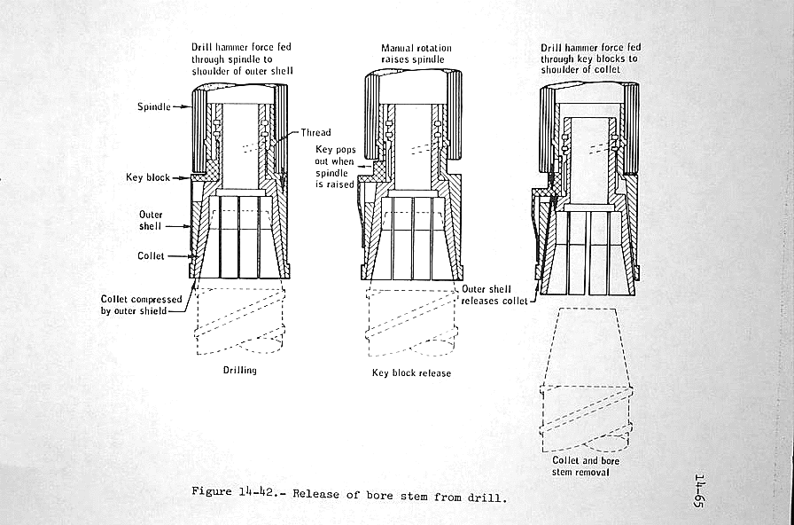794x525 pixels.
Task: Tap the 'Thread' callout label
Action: [x=315, y=133]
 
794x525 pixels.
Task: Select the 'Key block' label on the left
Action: [x=147, y=177]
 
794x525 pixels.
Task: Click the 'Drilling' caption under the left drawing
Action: [x=239, y=370]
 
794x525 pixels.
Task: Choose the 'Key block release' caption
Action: [x=410, y=373]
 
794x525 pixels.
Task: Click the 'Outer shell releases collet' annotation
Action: [x=494, y=295]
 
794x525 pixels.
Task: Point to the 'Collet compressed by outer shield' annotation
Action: [x=141, y=305]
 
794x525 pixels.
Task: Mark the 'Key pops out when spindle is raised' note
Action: [x=335, y=168]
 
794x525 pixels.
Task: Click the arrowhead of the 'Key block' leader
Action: [x=190, y=178]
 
